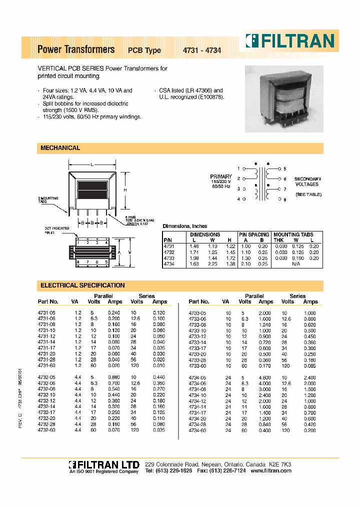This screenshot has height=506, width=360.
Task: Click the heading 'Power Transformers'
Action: tap(76, 49)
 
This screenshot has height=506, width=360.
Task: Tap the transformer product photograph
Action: tap(283, 99)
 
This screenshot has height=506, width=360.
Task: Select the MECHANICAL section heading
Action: tap(60, 148)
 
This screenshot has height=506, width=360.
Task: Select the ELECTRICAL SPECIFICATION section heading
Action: tap(82, 285)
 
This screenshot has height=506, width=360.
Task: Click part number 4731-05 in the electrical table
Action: tap(47, 312)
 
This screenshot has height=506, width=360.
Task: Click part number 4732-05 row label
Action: tap(47, 377)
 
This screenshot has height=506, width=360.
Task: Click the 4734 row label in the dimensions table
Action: tap(169, 263)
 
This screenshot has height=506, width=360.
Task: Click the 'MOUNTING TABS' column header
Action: tap(293, 234)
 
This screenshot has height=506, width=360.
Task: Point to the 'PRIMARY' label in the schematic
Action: tap(220, 176)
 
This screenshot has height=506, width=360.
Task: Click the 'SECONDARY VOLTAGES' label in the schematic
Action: tap(307, 181)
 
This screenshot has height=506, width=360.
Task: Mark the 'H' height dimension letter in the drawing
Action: tap(125, 190)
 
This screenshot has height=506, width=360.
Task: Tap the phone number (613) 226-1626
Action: tap(174, 471)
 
